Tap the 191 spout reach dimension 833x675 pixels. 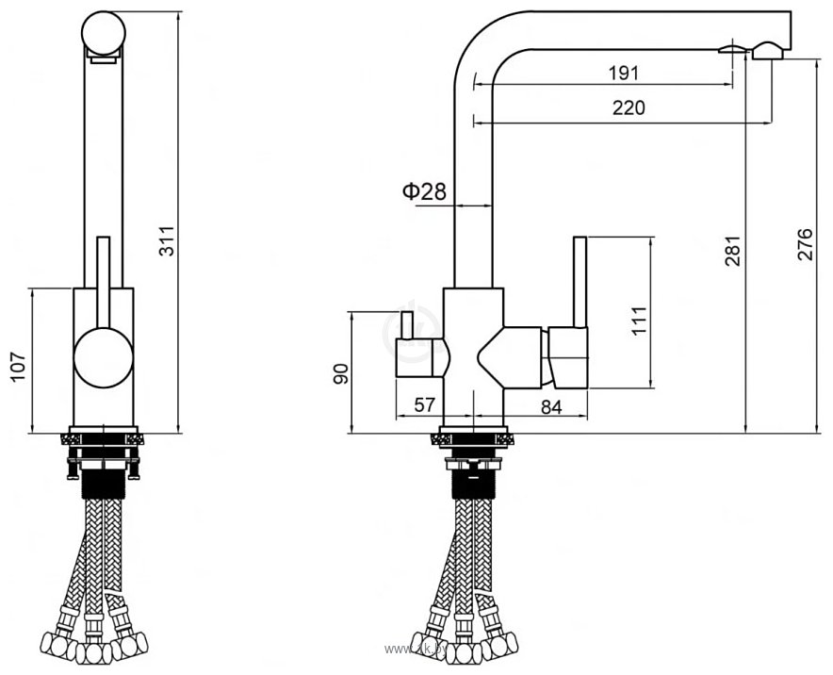(x=624, y=73)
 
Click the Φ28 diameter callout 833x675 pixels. (x=423, y=191)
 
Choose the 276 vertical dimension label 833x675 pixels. (x=804, y=247)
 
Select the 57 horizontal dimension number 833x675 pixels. (x=425, y=405)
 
